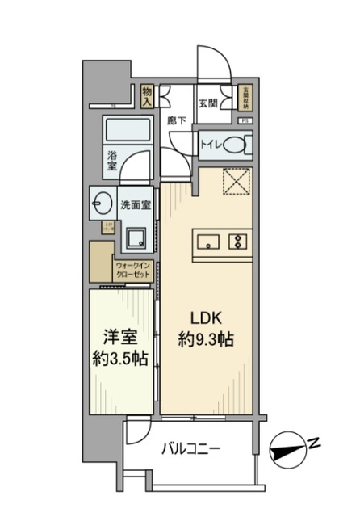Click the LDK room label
(x=206, y=317)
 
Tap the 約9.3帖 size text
(x=206, y=340)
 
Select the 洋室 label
(x=119, y=338)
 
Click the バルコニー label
(x=191, y=448)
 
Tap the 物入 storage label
(x=148, y=97)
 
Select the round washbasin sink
(x=103, y=201)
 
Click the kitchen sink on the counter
(x=207, y=240)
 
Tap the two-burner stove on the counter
(x=239, y=240)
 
